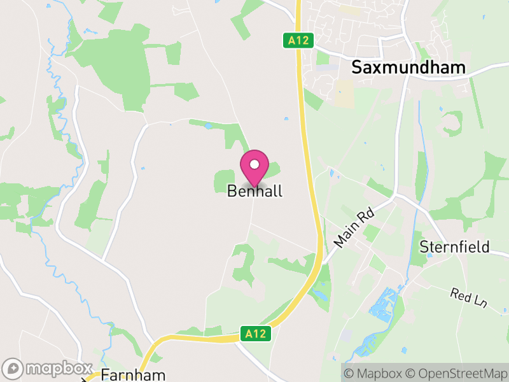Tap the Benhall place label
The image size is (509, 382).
pos(254,191)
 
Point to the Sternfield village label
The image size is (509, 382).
pos(455,247)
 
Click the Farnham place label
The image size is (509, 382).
pos(133,374)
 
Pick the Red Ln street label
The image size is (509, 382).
pos(468,298)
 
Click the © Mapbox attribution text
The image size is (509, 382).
pos(374,372)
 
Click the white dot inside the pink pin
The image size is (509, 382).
pos(254,164)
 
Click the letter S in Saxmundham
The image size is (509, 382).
pos(357,67)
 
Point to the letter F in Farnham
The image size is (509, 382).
pos(105,374)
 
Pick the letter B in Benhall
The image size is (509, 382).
pos(232,191)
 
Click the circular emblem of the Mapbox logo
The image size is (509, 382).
pos(13,368)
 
